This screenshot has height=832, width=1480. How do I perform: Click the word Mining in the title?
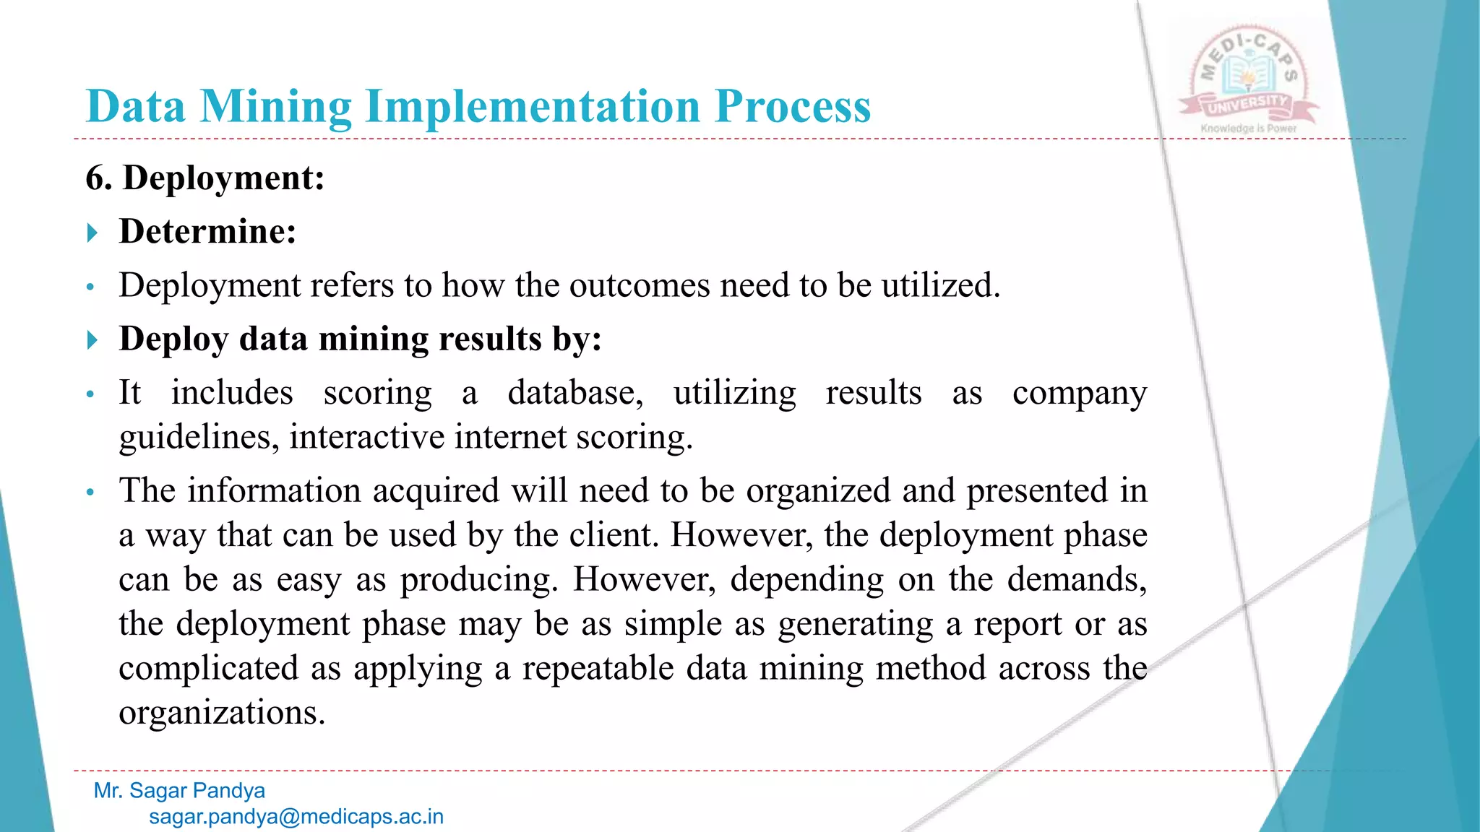pos(275,107)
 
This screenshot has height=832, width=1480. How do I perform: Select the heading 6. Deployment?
pos(205,178)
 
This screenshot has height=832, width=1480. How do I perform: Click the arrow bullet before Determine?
pos(92,233)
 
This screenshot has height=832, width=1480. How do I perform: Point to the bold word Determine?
pos(207,232)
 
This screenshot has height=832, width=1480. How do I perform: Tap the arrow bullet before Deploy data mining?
pos(92,339)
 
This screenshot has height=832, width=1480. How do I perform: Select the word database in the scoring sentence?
pos(575,394)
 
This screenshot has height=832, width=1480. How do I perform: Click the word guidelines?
pos(199,438)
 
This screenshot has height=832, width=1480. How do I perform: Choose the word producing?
pos(479,580)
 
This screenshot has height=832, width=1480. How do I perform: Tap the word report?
pos(1017,625)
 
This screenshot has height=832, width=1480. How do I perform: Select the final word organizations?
pos(222,714)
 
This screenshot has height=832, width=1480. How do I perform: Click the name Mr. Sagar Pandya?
pos(179,791)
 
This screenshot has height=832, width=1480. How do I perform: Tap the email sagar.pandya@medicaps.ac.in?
pos(296,817)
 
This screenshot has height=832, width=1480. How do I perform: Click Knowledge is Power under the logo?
pos(1248,129)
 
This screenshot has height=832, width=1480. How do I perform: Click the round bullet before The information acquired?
pos(90,493)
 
